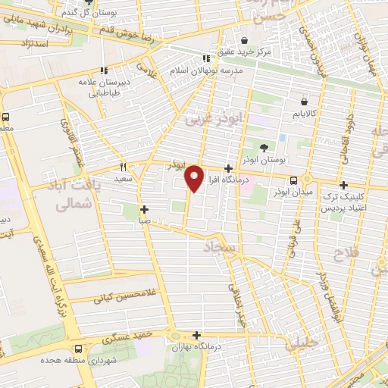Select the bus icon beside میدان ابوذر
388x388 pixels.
coord(293,180)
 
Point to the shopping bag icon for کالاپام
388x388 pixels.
coord(304,101)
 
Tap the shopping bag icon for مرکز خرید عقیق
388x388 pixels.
coord(245,40)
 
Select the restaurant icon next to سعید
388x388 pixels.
coord(123,167)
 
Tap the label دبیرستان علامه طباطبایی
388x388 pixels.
coord(116,87)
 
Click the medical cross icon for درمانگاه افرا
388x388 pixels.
coord(228,169)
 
